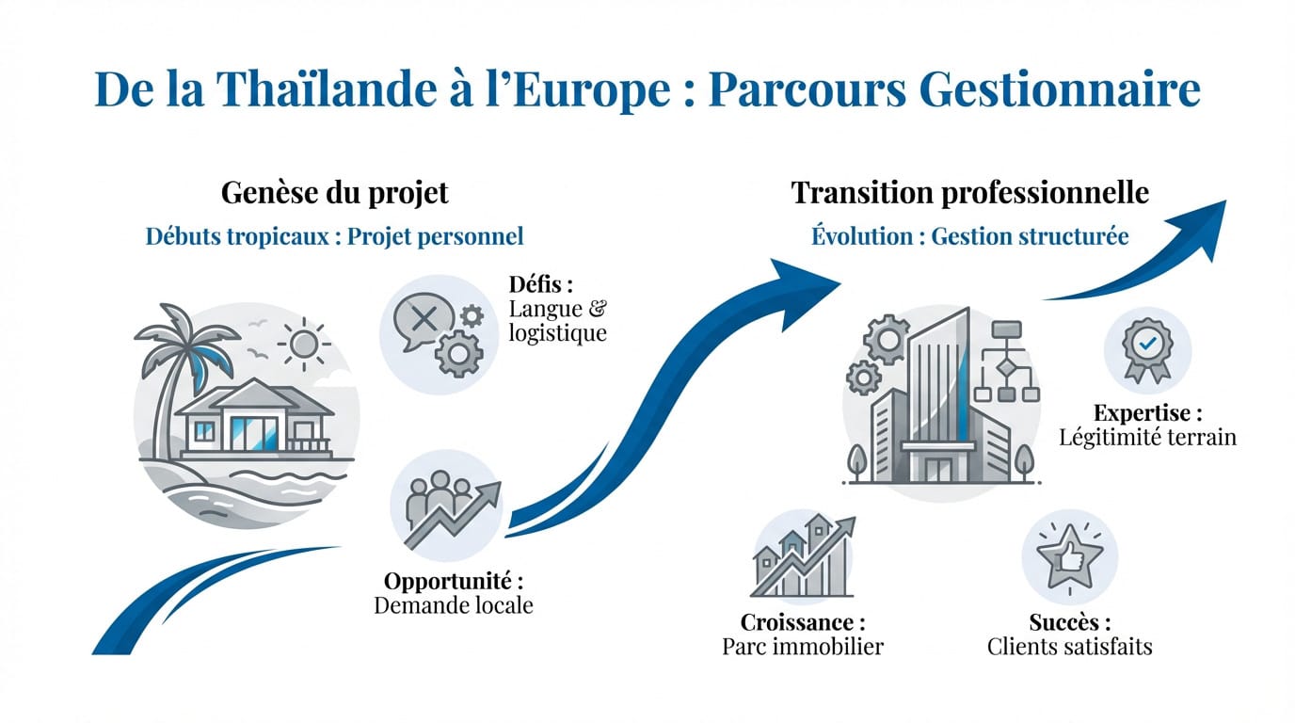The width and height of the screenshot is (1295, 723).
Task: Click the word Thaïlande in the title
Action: tap(327, 89)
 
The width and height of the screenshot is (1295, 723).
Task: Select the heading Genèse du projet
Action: tap(335, 193)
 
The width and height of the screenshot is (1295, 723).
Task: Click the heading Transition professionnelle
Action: tap(969, 193)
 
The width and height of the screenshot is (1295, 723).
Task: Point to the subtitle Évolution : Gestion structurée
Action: tap(969, 236)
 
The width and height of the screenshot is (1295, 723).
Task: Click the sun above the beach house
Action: tap(304, 345)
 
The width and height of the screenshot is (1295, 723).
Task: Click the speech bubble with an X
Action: tap(424, 320)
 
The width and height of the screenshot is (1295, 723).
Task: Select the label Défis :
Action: tap(541, 284)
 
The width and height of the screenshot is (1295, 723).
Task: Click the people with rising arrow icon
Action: tap(451, 509)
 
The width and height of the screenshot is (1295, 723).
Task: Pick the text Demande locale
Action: tap(454, 605)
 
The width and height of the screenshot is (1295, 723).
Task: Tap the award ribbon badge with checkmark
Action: tap(1147, 350)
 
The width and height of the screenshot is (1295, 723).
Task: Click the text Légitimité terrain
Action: tap(1147, 437)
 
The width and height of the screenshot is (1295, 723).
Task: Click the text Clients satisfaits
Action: tap(1069, 647)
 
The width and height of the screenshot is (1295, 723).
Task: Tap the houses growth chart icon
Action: tap(804, 555)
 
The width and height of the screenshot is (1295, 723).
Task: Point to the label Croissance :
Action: tap(803, 622)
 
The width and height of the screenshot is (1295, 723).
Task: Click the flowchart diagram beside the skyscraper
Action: tap(1006, 361)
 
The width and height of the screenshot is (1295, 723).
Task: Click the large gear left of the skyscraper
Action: tap(887, 340)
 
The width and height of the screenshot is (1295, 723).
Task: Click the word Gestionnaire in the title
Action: tap(1060, 89)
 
